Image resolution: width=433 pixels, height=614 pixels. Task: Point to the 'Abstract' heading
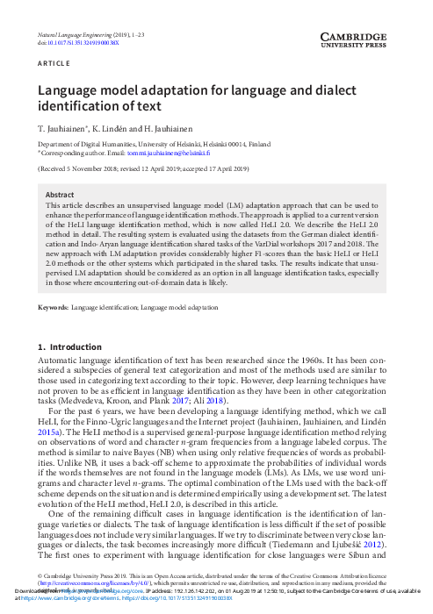click(x=60, y=195)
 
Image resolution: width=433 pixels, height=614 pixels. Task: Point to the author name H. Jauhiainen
click(x=170, y=128)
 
